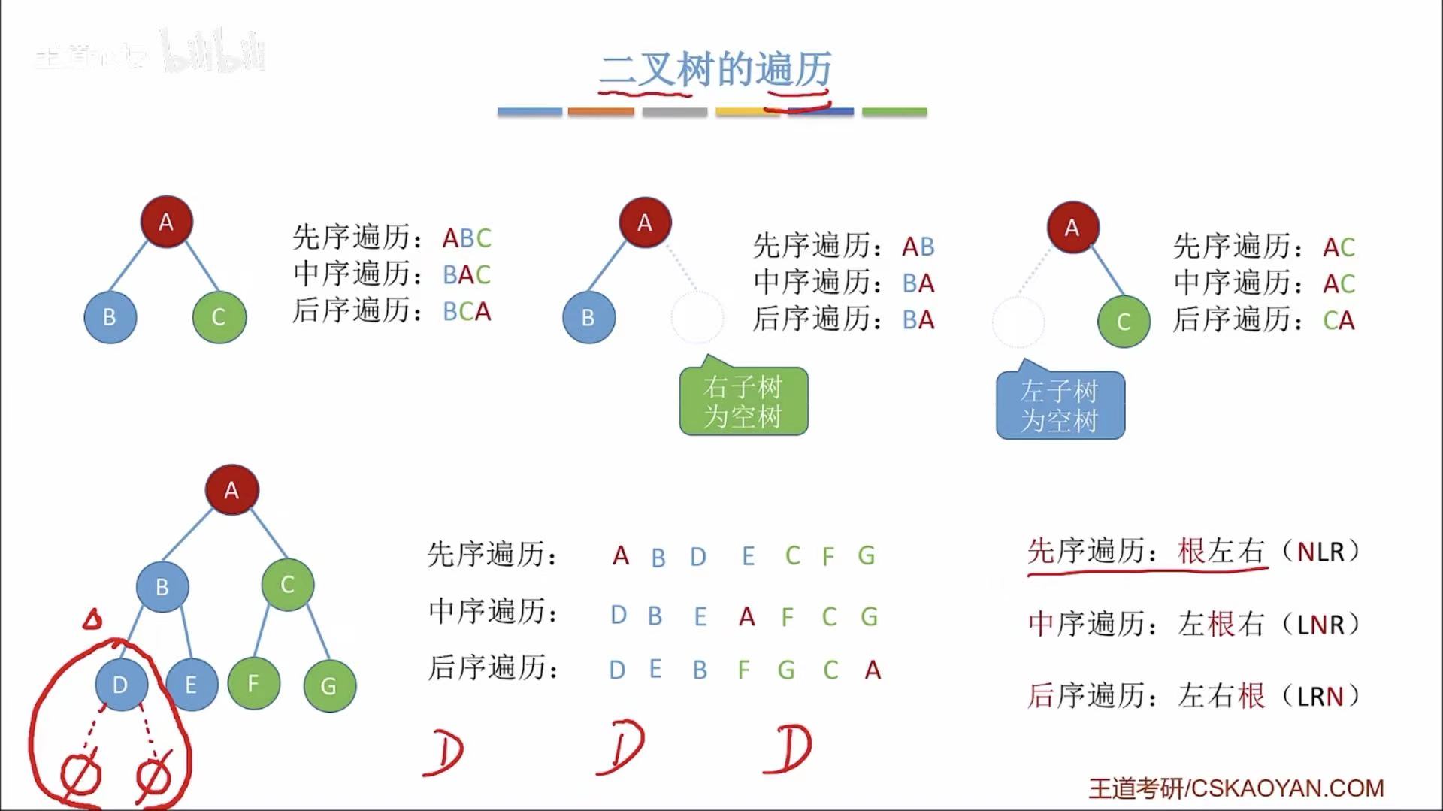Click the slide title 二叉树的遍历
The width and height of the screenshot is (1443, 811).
point(715,70)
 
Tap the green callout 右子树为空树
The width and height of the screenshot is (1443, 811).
point(743,401)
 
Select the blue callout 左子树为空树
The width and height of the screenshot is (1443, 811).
point(1060,406)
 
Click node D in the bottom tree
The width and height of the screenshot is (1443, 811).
point(120,685)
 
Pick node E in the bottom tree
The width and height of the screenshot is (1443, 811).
point(191,685)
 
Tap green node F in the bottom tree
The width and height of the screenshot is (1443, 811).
point(253,683)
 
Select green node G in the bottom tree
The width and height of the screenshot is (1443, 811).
point(329,685)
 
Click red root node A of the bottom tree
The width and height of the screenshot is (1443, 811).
point(231,490)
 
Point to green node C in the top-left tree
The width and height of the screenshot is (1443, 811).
point(219,317)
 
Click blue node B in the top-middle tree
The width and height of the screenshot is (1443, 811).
point(588,318)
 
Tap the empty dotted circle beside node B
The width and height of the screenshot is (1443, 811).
point(697,318)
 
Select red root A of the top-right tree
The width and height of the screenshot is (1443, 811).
point(1072,227)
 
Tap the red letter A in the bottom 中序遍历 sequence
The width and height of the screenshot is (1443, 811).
point(746,617)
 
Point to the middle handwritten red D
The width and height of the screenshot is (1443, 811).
point(621,748)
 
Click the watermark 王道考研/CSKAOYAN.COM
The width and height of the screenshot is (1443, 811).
point(1236,788)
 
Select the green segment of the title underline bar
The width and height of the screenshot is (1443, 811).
point(894,112)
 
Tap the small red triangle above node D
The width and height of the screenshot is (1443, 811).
point(92,619)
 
